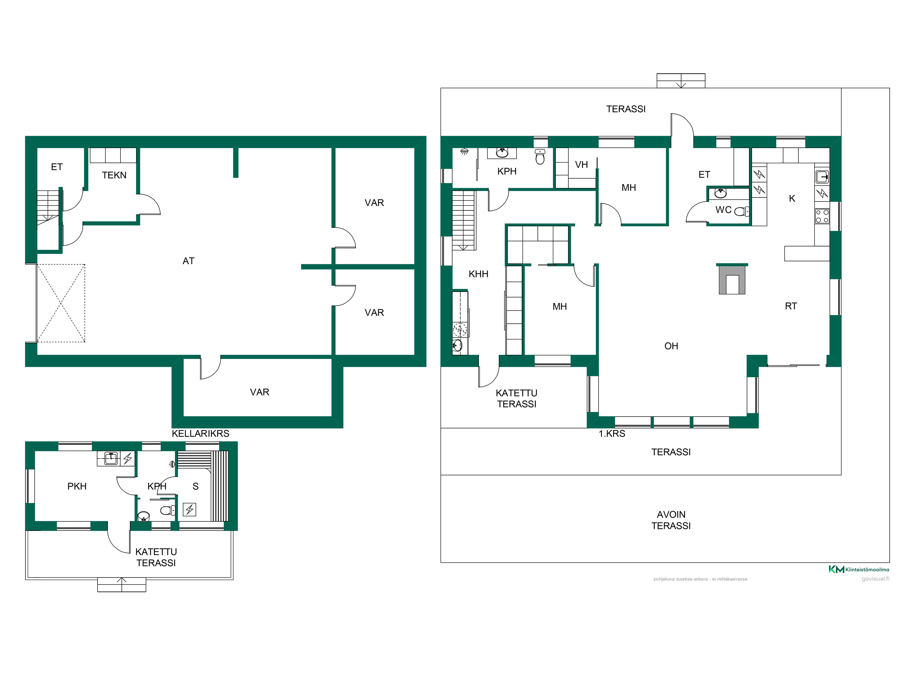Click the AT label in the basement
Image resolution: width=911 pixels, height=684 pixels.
pyautogui.click(x=188, y=261)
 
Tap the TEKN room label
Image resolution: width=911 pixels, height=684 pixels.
pyautogui.click(x=114, y=175)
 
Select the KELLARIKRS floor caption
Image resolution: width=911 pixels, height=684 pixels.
pyautogui.click(x=200, y=434)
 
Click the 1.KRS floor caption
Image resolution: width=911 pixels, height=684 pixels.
pyautogui.click(x=612, y=434)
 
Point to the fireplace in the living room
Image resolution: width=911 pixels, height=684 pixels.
pyautogui.click(x=732, y=279)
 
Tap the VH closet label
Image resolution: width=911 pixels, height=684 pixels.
pyautogui.click(x=581, y=165)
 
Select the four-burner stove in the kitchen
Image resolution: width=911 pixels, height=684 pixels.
pyautogui.click(x=822, y=216)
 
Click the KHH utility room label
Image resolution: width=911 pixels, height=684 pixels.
pyautogui.click(x=478, y=274)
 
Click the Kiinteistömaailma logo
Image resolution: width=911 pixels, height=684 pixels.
pyautogui.click(x=859, y=569)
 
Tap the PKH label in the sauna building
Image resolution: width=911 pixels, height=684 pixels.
pyautogui.click(x=77, y=486)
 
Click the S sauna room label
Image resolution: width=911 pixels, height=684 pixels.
pyautogui.click(x=196, y=486)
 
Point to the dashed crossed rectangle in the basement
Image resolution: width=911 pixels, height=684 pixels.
pyautogui.click(x=61, y=303)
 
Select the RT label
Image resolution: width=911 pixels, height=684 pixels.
pyautogui.click(x=791, y=306)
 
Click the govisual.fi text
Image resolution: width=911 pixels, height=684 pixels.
pyautogui.click(x=875, y=579)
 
